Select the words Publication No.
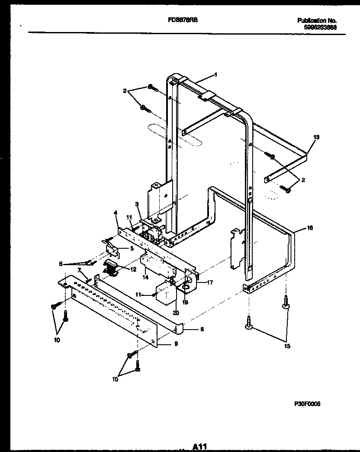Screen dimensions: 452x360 (x=317, y=20)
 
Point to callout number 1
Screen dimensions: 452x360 (x=215, y=74)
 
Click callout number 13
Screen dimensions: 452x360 (x=316, y=137)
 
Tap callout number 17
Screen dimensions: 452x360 (x=210, y=283)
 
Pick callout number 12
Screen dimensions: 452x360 (x=133, y=269)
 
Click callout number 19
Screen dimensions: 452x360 (x=185, y=302)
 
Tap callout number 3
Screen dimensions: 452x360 (x=136, y=204)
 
